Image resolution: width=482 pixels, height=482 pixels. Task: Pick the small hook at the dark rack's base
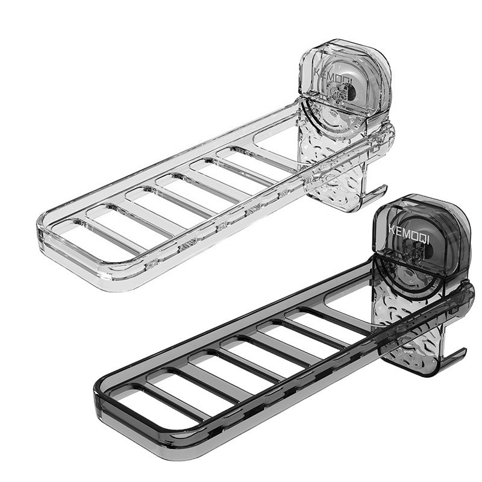(452, 355)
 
